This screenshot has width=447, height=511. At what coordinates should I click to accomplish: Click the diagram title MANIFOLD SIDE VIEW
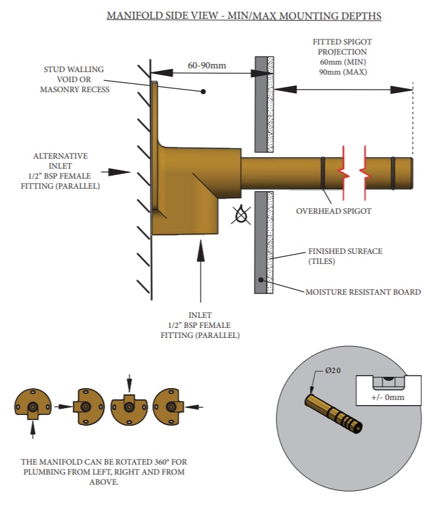[244, 15]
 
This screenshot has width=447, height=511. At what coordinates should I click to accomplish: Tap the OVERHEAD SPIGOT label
[334, 211]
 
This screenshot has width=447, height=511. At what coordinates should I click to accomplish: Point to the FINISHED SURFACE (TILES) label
[345, 256]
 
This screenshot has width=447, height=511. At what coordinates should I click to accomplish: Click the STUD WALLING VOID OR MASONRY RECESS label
[73, 80]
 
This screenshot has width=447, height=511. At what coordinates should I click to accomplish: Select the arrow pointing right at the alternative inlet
[115, 171]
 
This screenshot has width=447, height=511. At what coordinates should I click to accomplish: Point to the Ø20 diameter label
[333, 371]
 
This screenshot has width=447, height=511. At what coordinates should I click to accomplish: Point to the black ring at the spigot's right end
[393, 172]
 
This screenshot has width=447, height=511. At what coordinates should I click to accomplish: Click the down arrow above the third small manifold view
[129, 382]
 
